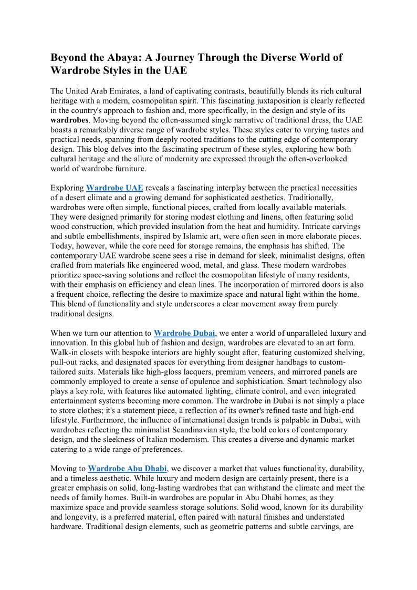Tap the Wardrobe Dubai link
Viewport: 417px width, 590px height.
(x=184, y=333)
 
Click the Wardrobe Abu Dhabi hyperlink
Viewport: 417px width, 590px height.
(x=127, y=468)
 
